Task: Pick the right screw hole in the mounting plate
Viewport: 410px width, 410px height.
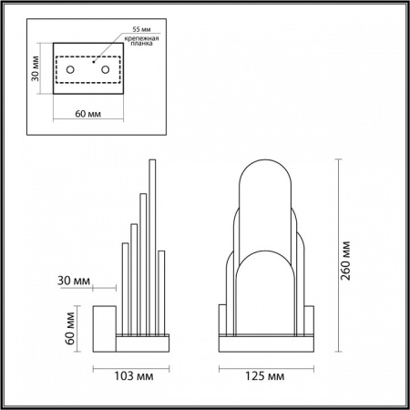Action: click(106, 70)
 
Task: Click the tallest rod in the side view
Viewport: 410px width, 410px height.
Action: click(150, 246)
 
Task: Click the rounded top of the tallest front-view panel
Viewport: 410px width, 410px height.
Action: click(266, 173)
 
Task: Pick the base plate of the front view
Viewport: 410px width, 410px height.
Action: click(266, 344)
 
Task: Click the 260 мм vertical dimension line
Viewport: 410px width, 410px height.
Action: click(340, 255)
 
